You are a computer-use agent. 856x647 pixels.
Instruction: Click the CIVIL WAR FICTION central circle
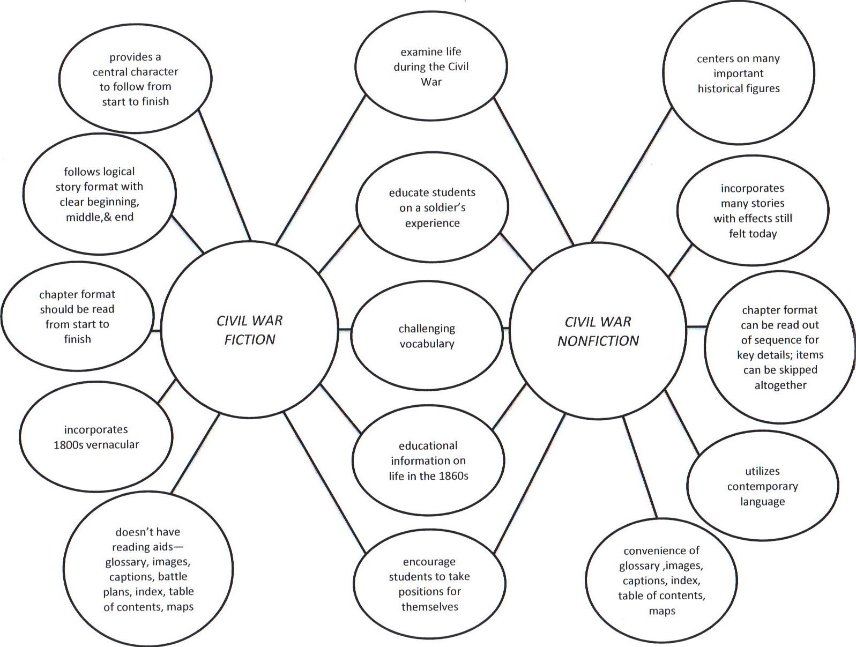(249, 330)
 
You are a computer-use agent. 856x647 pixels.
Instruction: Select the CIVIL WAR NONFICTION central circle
(598, 331)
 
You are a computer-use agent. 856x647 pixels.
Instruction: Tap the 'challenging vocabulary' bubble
(427, 336)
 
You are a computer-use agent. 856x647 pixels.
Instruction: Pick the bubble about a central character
(135, 79)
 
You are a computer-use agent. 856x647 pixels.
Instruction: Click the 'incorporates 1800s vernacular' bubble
(96, 437)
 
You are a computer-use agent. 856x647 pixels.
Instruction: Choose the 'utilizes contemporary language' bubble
(762, 486)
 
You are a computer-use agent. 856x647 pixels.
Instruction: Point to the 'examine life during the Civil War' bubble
(431, 67)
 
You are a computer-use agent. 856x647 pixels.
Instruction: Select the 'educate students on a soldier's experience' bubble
(432, 207)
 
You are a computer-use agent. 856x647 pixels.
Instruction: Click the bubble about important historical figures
(738, 73)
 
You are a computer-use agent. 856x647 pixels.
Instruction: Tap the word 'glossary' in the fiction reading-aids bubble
(126, 562)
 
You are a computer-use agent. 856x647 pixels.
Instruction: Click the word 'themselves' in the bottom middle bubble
(430, 607)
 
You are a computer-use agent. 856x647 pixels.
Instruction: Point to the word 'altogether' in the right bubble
(780, 385)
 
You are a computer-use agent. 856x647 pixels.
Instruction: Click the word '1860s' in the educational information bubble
(452, 475)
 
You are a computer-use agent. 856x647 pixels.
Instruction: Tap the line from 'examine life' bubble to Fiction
(320, 169)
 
